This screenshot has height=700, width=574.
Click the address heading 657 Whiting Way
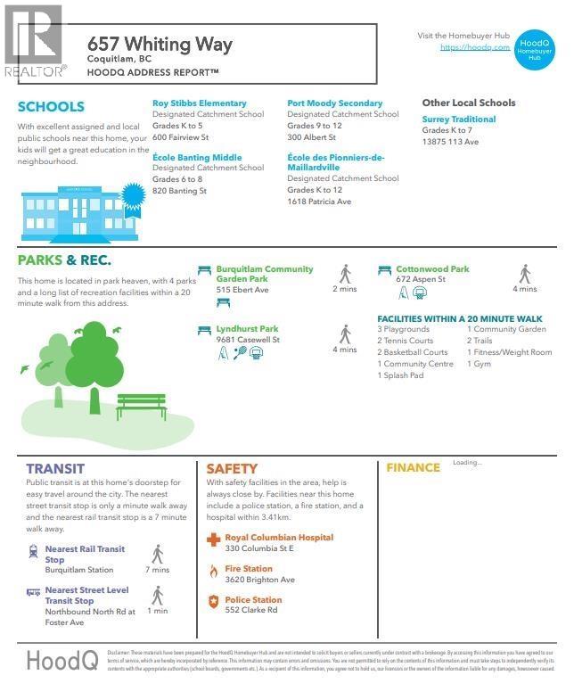pos(160,44)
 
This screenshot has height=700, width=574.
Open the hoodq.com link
pos(475,47)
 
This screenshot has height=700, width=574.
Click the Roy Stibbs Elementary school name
pos(199,103)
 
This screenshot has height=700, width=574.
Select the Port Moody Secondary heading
pos(334,103)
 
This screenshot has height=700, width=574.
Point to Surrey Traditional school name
pos(458,119)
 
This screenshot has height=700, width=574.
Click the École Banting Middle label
pos(196,158)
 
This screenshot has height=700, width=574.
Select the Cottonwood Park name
pos(432,269)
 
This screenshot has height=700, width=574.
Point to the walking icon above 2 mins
pos(345,273)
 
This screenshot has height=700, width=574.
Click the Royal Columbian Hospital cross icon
pos(213,539)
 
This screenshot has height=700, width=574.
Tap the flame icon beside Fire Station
pos(212,571)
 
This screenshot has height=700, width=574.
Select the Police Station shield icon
pos(212,602)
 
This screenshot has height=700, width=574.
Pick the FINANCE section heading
pos(413,467)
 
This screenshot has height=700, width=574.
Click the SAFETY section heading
pos(232,468)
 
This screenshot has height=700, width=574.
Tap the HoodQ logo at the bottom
pos(61,661)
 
